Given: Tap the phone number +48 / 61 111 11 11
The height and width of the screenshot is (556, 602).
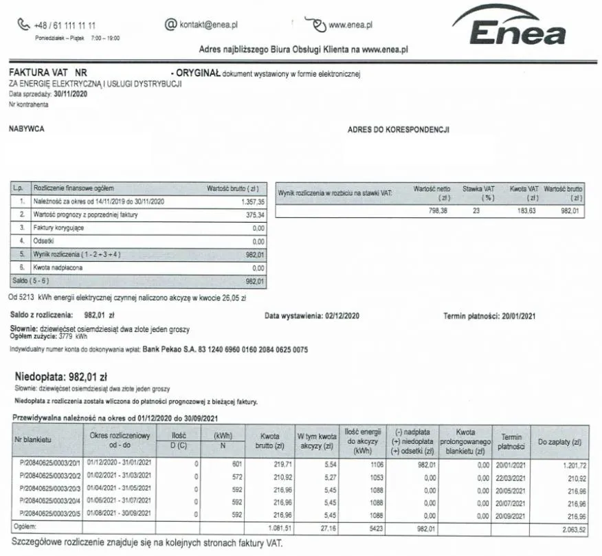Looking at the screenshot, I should (65, 25).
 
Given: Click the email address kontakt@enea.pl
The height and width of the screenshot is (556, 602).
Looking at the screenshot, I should (208, 25).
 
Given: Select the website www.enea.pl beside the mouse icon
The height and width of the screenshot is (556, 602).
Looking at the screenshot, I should (350, 25).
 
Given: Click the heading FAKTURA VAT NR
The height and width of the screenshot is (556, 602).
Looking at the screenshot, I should (47, 72).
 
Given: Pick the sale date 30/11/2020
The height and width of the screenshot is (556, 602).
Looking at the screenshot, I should (70, 94).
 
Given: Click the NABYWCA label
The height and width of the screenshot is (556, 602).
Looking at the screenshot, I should (27, 129).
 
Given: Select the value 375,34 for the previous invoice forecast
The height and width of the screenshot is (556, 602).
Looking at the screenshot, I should (255, 214).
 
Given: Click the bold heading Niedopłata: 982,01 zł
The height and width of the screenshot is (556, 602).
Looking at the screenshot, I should (61, 377).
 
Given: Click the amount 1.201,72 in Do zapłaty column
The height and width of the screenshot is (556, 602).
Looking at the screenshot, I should (567, 465).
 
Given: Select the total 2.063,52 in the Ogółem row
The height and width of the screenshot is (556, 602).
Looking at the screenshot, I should (567, 529).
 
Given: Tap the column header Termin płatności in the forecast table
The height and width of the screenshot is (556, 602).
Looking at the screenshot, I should (511, 441).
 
